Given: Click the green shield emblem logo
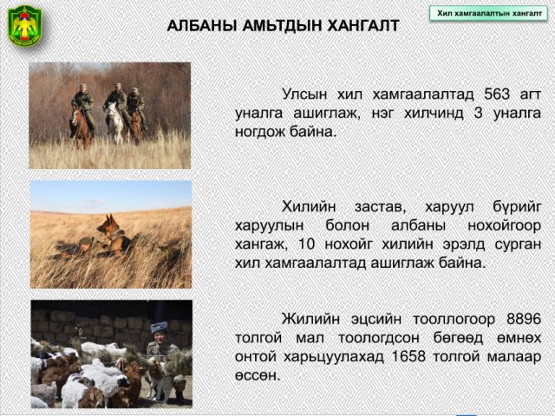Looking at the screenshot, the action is [24, 25].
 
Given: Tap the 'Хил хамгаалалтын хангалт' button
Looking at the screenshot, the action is [489, 14].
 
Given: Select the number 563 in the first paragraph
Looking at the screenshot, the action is [497, 94].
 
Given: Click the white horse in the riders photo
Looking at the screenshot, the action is [115, 122].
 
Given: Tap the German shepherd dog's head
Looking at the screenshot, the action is [106, 224].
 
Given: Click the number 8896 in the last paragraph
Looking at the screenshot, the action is [524, 319].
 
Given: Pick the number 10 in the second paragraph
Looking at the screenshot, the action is [306, 244].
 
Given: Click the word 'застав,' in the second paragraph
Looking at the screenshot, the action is [380, 206].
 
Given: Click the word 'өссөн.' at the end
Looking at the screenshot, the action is [258, 375].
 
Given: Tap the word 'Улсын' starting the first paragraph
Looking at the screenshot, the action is [304, 94].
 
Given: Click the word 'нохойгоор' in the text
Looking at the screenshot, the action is [505, 225].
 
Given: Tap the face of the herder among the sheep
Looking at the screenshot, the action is [158, 340].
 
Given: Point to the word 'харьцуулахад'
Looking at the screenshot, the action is [334, 356].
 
